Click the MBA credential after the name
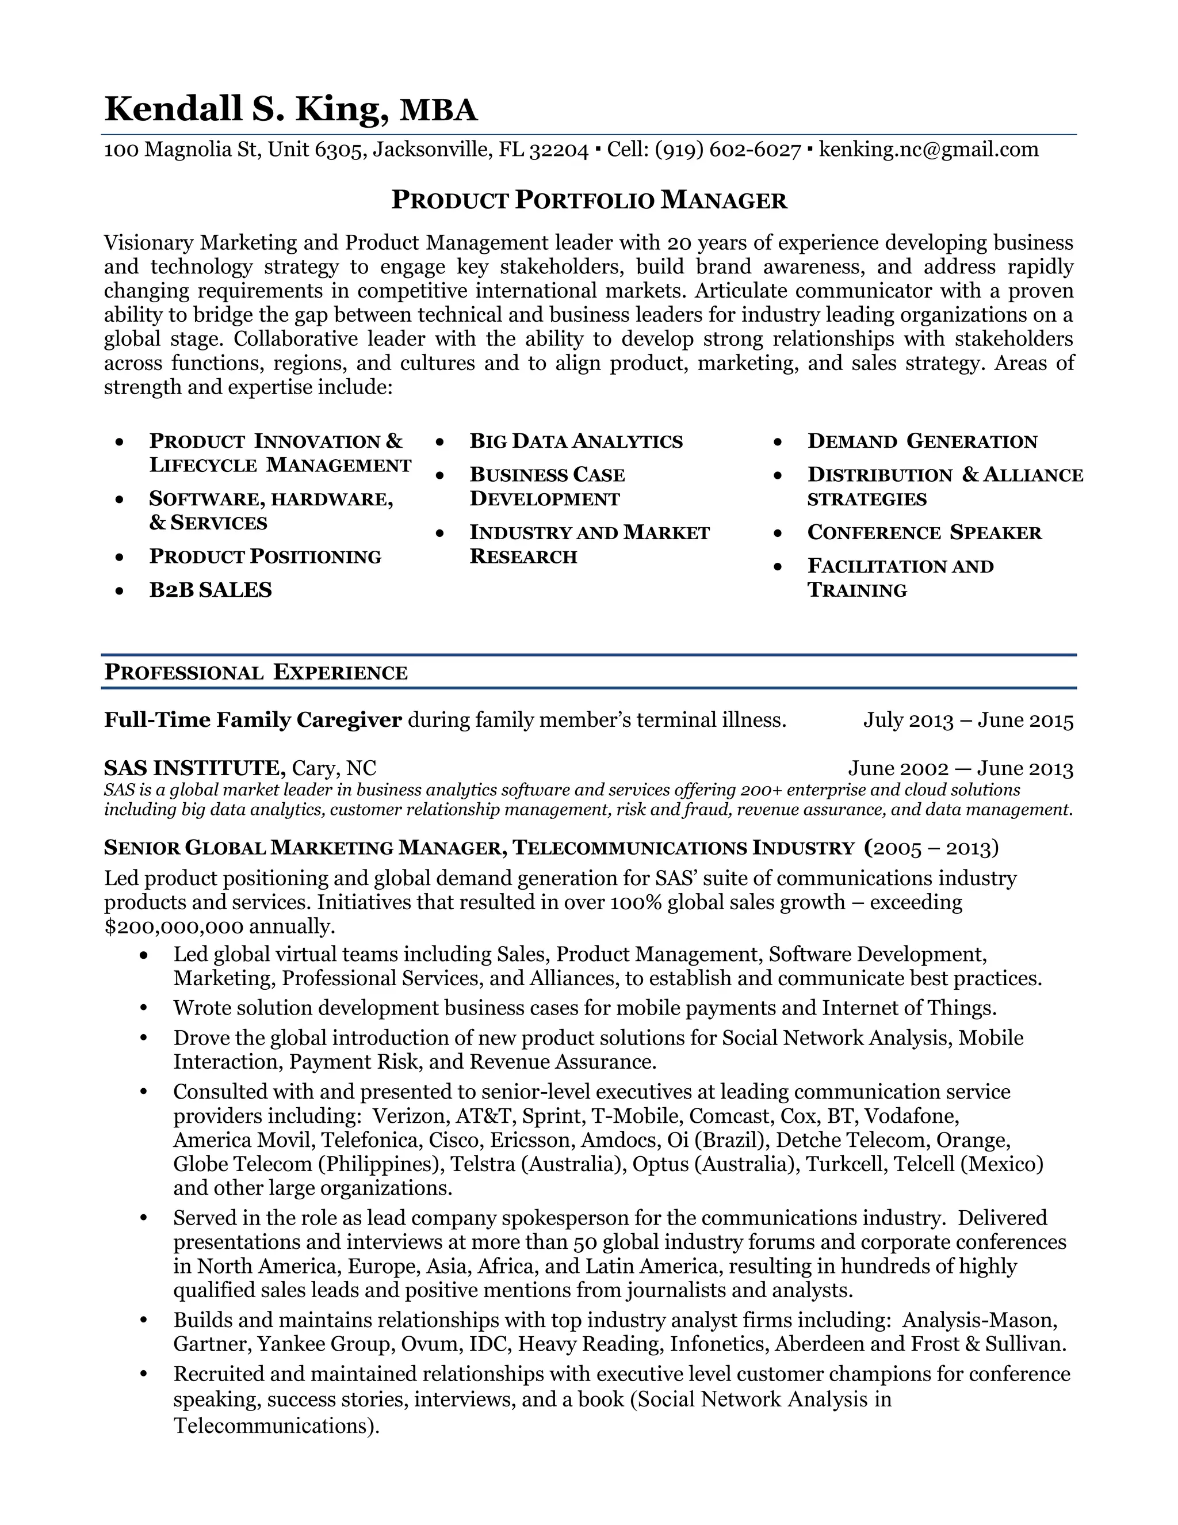438,111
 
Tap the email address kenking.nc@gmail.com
928,150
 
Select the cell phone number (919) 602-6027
728,150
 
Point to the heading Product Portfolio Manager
589,200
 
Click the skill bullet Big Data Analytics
576,441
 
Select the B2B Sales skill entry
210,590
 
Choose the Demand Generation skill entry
922,441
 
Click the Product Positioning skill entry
265,556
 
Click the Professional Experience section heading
255,672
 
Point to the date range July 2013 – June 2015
968,720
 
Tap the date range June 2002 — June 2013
960,769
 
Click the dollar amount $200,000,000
174,927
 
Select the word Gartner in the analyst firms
212,1344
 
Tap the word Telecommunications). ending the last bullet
276,1426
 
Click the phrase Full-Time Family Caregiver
253,720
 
